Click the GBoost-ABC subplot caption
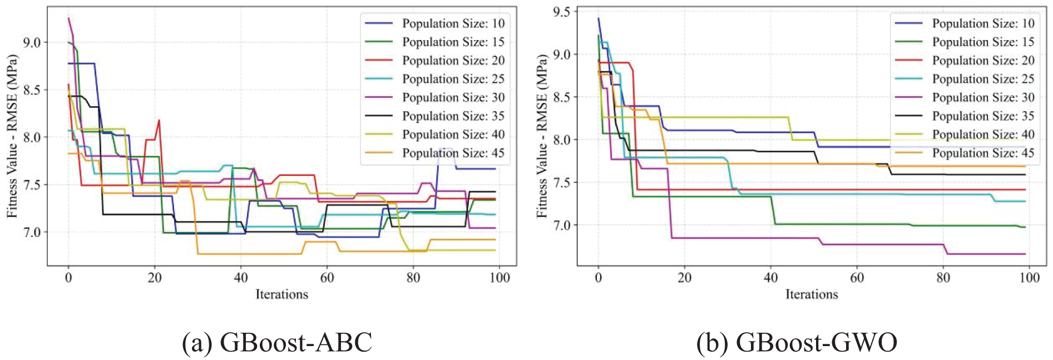(x=277, y=343)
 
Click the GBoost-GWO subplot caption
(x=797, y=343)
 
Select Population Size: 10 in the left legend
(x=453, y=23)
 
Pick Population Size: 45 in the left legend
(x=453, y=153)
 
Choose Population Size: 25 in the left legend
(x=453, y=79)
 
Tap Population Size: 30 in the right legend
(x=983, y=97)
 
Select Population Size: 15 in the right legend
(x=983, y=42)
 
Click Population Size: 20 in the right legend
(x=983, y=61)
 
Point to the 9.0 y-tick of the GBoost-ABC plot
(x=32, y=42)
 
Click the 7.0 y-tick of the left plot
(x=32, y=232)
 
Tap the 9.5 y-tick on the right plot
(x=561, y=12)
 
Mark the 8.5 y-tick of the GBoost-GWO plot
(x=561, y=97)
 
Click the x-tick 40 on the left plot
(x=241, y=277)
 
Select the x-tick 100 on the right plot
(x=1029, y=277)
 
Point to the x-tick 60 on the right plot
(x=857, y=277)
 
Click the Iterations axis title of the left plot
(x=281, y=294)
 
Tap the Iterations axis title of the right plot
(x=812, y=294)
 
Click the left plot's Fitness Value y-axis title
(x=12, y=136)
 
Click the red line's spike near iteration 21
(x=159, y=120)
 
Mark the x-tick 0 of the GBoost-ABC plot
(x=68, y=277)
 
